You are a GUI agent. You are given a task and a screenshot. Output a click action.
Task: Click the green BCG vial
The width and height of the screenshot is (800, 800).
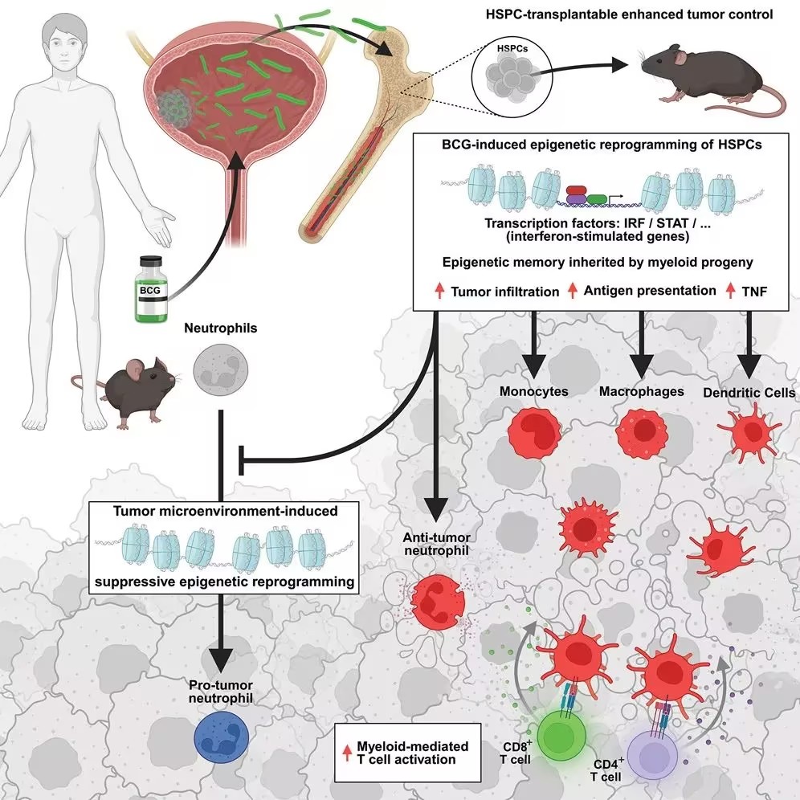151,289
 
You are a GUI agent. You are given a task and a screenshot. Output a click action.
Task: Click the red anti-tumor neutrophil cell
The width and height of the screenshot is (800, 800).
438,602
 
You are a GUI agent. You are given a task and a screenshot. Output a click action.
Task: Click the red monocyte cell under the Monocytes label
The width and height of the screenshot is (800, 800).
534,431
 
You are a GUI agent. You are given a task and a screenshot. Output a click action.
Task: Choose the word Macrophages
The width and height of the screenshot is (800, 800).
641,391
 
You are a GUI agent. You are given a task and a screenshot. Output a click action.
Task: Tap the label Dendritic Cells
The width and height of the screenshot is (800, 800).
749,392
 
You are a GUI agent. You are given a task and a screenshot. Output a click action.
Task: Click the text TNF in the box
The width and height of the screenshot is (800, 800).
754,292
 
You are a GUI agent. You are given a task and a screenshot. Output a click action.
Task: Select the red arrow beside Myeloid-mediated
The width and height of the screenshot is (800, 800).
347,753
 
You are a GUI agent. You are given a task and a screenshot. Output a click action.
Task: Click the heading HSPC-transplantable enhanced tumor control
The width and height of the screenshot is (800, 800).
629,14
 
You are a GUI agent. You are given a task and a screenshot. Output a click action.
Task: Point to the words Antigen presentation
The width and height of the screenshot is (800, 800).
650,290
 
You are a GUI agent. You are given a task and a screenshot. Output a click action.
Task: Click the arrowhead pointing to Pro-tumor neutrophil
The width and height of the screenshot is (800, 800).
222,661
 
